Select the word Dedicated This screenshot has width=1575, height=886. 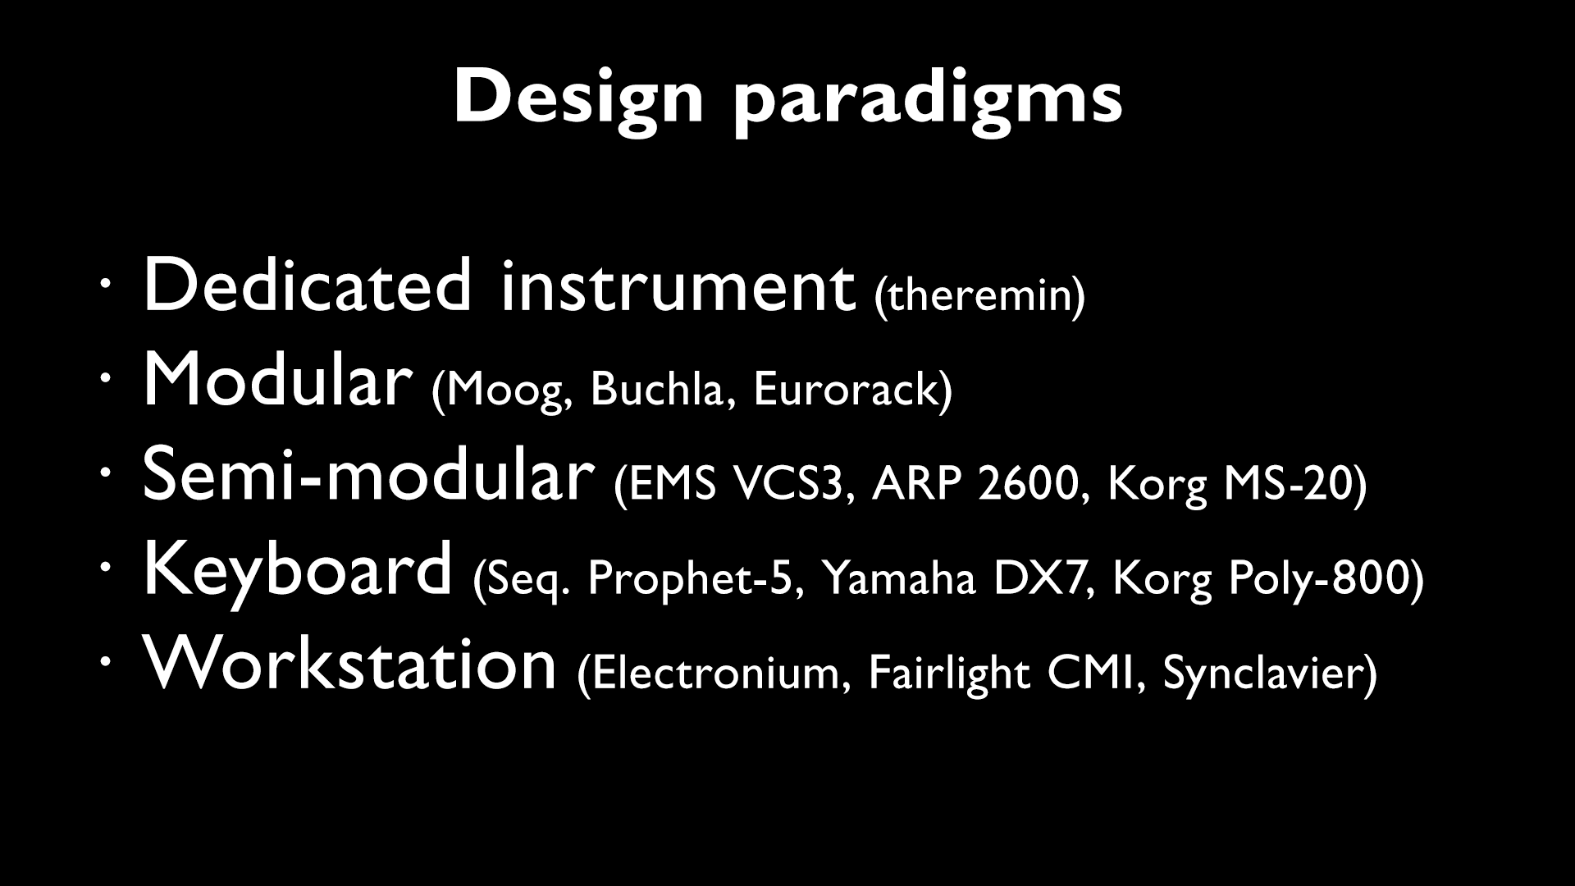[x=308, y=285]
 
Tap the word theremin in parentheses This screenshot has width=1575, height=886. [x=980, y=296]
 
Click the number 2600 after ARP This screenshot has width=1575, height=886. [x=1027, y=484]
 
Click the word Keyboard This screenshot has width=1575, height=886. [x=297, y=570]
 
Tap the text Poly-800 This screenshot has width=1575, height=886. [x=1317, y=578]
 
